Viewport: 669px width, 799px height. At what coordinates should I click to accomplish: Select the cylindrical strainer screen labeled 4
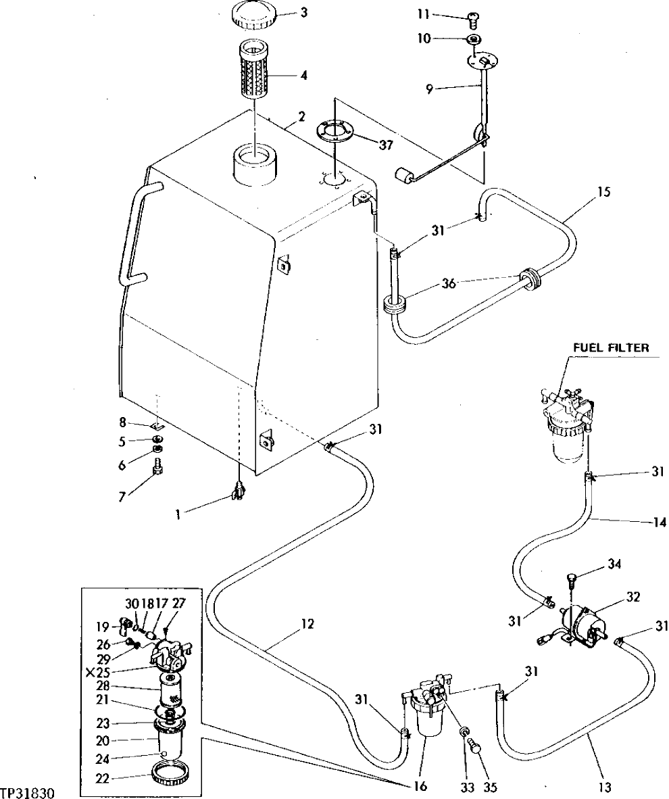tap(255, 71)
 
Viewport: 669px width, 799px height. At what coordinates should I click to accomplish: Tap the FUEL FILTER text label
tap(610, 348)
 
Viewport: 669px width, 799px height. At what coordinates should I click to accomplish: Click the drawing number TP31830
tap(27, 792)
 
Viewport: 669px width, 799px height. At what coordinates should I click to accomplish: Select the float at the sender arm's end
tap(404, 177)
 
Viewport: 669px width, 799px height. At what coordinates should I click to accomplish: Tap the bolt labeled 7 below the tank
tap(157, 467)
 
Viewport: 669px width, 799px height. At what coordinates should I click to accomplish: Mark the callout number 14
tap(660, 522)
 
